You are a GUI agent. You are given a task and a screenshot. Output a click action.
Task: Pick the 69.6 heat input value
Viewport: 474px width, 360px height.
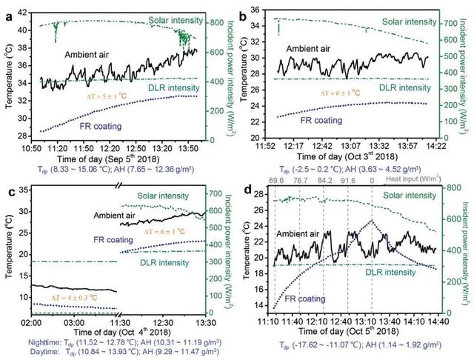pos(278,181)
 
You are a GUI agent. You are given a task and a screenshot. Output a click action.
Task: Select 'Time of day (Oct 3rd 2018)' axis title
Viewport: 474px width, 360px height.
pos(348,158)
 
